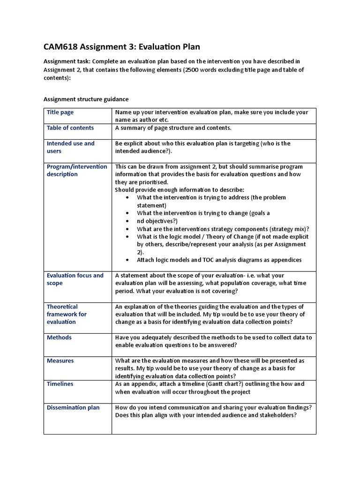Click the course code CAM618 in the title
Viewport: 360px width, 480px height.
pyautogui.click(x=61, y=47)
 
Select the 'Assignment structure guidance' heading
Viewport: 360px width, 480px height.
pyautogui.click(x=86, y=99)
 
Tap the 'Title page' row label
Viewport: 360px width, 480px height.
pyautogui.click(x=60, y=112)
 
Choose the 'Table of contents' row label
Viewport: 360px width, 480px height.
pyautogui.click(x=70, y=128)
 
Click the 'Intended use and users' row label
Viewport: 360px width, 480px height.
pyautogui.click(x=70, y=147)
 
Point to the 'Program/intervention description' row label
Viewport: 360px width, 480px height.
pyautogui.click(x=77, y=170)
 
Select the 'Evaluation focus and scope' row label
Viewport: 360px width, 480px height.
pyautogui.click(x=75, y=279)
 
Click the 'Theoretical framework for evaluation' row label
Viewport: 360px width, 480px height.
pyautogui.click(x=67, y=314)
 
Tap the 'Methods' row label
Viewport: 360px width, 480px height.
pyautogui.click(x=60, y=337)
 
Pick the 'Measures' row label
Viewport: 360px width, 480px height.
pyautogui.click(x=60, y=361)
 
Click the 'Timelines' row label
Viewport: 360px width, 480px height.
pyautogui.click(x=60, y=384)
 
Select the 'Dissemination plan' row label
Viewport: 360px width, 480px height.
pyautogui.click(x=73, y=408)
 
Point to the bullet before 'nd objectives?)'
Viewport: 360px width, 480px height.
pyautogui.click(x=128, y=221)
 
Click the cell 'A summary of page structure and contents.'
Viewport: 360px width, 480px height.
pyautogui.click(x=173, y=128)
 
